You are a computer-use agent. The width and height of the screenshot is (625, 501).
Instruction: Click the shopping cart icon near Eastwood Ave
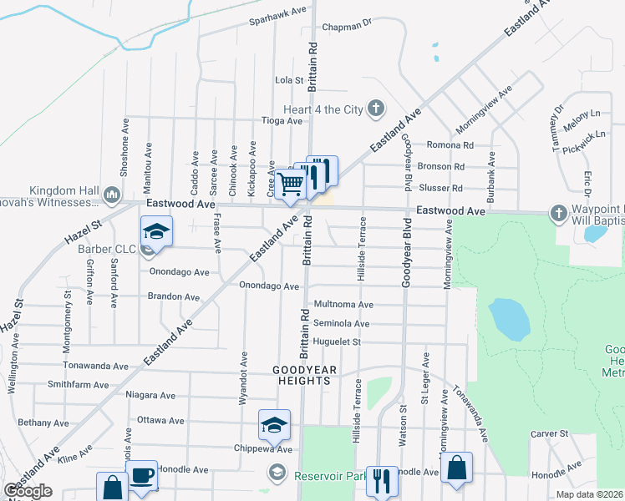tap(289, 182)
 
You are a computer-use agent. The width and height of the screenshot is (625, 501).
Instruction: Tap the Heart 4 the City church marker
tap(376, 109)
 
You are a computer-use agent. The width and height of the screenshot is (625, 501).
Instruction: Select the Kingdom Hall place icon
tap(113, 195)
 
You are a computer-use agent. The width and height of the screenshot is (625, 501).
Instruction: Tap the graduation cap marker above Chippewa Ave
tap(273, 424)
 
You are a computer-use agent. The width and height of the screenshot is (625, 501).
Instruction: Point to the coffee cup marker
tap(141, 475)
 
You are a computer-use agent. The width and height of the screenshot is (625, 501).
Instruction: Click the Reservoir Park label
tap(332, 476)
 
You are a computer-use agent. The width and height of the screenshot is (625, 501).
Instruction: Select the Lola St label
tap(288, 80)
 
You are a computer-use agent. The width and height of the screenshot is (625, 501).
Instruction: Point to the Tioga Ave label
tap(282, 120)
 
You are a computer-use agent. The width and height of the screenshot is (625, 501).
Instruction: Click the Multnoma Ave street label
tap(343, 305)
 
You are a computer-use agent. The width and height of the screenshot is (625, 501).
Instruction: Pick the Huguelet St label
tap(337, 342)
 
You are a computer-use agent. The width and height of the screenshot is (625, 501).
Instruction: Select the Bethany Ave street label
tap(38, 423)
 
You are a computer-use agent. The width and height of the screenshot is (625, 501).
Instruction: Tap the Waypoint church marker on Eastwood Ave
tap(558, 214)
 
